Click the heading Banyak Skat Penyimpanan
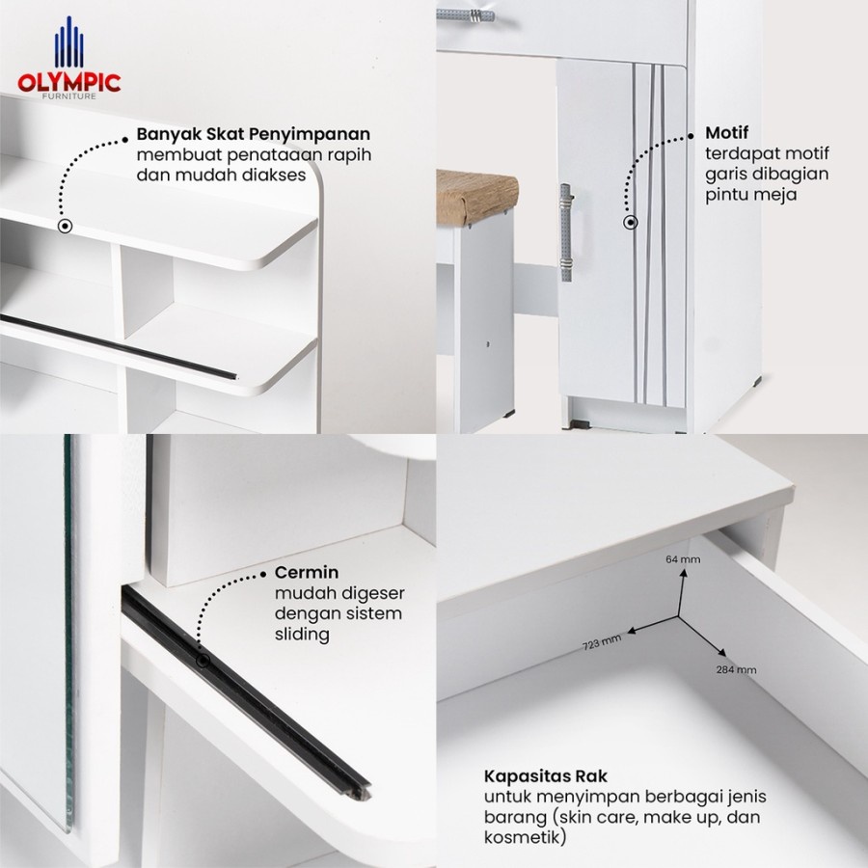coord(254,134)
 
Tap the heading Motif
coord(727,133)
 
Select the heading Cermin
coord(306,572)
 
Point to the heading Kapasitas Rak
coord(545,776)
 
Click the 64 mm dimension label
coord(683,559)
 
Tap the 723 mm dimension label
coord(602,642)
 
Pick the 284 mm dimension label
coord(736,670)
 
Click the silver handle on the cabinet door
coord(565,231)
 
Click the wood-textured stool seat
coord(476,198)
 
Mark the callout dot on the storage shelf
coord(66,226)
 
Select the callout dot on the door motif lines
coord(631,222)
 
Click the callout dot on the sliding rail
coord(203,661)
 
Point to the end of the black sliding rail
coord(362,792)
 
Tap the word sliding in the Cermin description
coord(302,635)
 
